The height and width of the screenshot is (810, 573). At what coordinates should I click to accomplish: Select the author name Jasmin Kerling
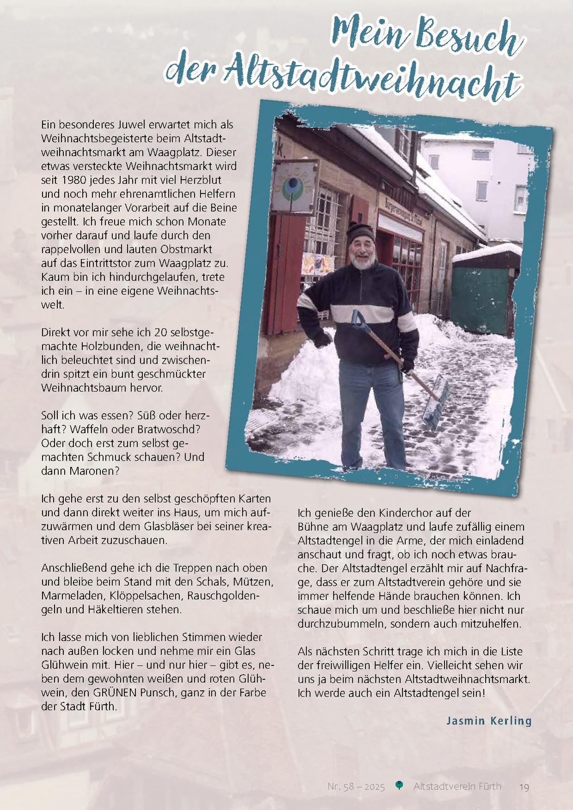click(489, 720)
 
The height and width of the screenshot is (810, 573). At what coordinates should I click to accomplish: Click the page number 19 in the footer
click(524, 786)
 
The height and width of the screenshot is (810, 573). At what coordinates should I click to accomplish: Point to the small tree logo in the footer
click(400, 786)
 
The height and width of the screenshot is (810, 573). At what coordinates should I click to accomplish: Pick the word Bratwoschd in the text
click(164, 429)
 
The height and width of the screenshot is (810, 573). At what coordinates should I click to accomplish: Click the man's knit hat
click(361, 231)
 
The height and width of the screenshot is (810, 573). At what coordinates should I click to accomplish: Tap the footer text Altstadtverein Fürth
click(457, 786)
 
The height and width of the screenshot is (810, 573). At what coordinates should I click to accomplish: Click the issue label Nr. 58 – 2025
click(356, 786)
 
